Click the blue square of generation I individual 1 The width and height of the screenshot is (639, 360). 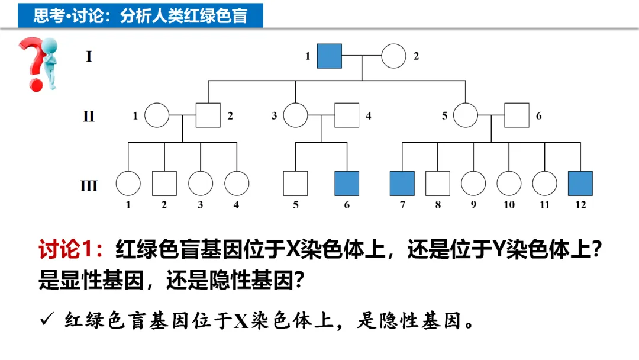pyautogui.click(x=330, y=56)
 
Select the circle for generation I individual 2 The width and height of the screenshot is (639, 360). pyautogui.click(x=393, y=56)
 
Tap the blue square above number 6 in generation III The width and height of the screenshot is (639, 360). pyautogui.click(x=347, y=183)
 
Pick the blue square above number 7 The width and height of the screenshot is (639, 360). pyautogui.click(x=402, y=183)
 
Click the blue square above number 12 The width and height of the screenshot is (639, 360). pyautogui.click(x=580, y=183)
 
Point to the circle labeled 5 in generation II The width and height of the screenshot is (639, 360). pyautogui.click(x=466, y=115)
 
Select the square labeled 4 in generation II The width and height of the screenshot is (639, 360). pyautogui.click(x=347, y=115)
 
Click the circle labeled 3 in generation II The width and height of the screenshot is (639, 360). pyautogui.click(x=295, y=115)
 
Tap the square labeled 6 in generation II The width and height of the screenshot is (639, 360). pyautogui.click(x=517, y=115)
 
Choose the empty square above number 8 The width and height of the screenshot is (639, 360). pyautogui.click(x=438, y=183)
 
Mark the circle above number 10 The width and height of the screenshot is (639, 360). pyautogui.click(x=509, y=183)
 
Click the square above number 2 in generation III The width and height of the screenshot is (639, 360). pyautogui.click(x=164, y=183)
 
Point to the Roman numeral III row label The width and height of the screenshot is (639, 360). pyautogui.click(x=89, y=186)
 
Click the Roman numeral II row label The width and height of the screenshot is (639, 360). pyautogui.click(x=89, y=116)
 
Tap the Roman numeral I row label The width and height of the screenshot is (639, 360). pyautogui.click(x=89, y=57)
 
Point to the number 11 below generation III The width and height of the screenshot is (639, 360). pyautogui.click(x=544, y=205)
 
